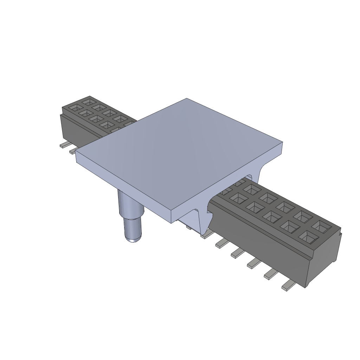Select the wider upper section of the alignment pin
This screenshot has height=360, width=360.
click(130, 206)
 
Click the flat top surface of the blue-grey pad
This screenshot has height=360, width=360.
click(179, 151)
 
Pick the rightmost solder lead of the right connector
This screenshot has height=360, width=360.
click(288, 286)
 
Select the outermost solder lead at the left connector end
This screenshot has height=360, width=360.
click(64, 145)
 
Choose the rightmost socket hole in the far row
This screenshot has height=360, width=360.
click(322, 226)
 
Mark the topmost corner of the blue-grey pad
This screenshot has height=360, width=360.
click(187, 99)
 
